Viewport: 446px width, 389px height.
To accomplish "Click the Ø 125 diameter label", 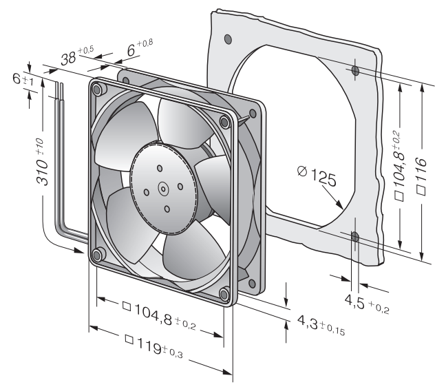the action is point(317,176).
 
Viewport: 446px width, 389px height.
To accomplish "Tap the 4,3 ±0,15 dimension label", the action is point(321,324).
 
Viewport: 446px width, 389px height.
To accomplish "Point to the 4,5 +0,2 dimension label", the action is point(367,304).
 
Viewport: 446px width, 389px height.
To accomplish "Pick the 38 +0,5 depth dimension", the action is point(77,55).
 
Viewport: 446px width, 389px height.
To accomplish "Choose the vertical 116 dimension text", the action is point(421,177).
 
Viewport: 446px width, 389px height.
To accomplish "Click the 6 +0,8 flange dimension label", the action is point(140,48).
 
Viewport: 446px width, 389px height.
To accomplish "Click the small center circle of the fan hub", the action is point(163,189).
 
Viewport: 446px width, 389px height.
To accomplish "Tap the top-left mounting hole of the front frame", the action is point(97,90).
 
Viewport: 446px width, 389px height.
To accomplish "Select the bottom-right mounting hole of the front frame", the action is point(224,294).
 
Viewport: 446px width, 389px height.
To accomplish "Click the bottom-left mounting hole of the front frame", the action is point(97,254).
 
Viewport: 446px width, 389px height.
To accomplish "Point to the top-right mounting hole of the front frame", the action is point(224,122).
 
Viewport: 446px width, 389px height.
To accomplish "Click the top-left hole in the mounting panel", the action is point(228,39).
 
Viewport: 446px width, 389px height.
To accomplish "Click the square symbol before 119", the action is point(129,339).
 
